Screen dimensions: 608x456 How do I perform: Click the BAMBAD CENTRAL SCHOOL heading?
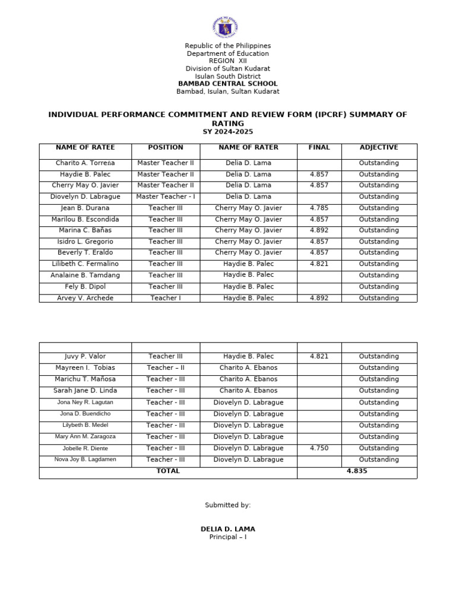click(x=227, y=84)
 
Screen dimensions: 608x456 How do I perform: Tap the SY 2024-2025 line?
click(x=227, y=132)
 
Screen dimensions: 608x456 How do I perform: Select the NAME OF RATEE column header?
click(x=85, y=147)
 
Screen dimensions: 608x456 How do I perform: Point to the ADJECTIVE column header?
click(x=379, y=147)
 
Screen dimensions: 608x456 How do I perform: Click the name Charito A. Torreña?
click(x=85, y=163)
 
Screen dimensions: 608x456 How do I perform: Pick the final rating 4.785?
click(x=319, y=208)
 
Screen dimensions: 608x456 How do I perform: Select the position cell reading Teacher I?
click(x=166, y=298)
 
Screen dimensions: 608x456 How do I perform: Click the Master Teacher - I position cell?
click(x=166, y=197)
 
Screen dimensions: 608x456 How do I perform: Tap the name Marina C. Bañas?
click(x=85, y=230)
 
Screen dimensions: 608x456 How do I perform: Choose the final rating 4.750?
click(x=319, y=448)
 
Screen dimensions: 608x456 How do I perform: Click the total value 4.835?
click(x=357, y=471)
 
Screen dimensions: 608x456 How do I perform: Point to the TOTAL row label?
click(x=168, y=471)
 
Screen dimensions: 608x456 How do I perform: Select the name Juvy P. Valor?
click(x=85, y=356)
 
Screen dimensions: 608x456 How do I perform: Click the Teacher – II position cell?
click(x=166, y=368)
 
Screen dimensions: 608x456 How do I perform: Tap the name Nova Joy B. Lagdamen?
click(x=85, y=460)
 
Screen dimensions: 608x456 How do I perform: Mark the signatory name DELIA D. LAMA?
click(x=228, y=529)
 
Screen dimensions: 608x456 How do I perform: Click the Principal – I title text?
click(x=228, y=537)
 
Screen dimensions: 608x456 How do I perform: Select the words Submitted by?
click(x=228, y=505)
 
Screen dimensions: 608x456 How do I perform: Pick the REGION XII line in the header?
click(x=227, y=61)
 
